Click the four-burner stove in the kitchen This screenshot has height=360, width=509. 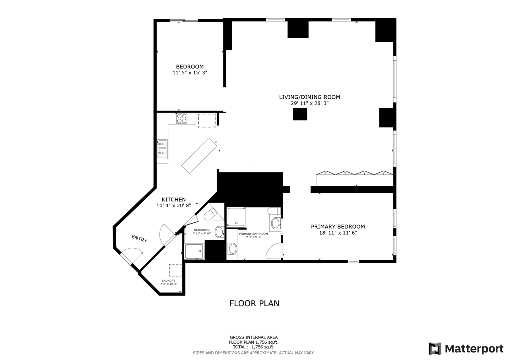(x=182, y=119)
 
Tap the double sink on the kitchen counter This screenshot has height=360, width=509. (x=162, y=149)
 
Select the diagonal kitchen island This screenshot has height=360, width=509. (x=199, y=156)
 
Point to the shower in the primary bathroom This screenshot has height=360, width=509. (x=236, y=217)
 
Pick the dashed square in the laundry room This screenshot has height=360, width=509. (x=175, y=270)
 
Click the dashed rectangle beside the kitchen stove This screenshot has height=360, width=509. (x=207, y=120)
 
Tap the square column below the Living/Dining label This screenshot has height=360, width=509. (x=300, y=114)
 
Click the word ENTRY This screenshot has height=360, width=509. (x=139, y=239)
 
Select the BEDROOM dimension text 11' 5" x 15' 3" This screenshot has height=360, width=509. (x=190, y=73)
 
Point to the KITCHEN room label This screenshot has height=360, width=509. (x=174, y=200)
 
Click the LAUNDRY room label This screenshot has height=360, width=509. (x=169, y=281)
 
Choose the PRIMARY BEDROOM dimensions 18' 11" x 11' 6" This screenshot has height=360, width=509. (x=338, y=233)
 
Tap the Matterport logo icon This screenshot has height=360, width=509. (x=435, y=348)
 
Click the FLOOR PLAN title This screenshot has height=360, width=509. (x=254, y=304)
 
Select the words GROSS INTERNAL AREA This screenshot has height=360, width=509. (x=254, y=337)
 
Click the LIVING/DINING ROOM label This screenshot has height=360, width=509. (x=309, y=97)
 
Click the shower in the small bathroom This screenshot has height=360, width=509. (x=194, y=251)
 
